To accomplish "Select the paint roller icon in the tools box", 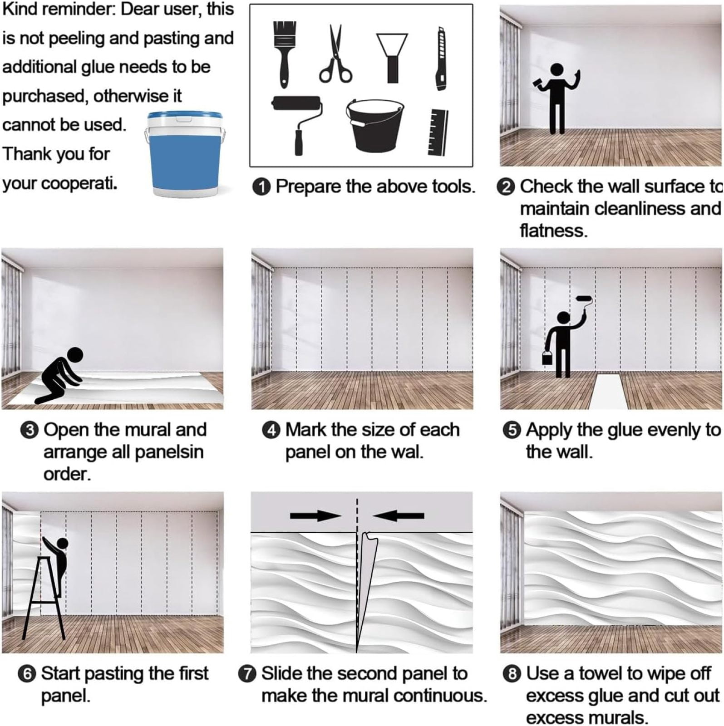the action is click(298, 124).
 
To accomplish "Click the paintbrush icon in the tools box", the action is click(284, 54).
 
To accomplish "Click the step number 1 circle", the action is click(261, 187).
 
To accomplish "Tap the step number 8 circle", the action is click(512, 674).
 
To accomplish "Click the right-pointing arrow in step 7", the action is click(315, 515).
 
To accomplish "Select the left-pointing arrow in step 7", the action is click(399, 515).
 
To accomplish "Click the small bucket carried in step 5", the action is click(547, 357).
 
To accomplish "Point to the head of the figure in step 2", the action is click(557, 70).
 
